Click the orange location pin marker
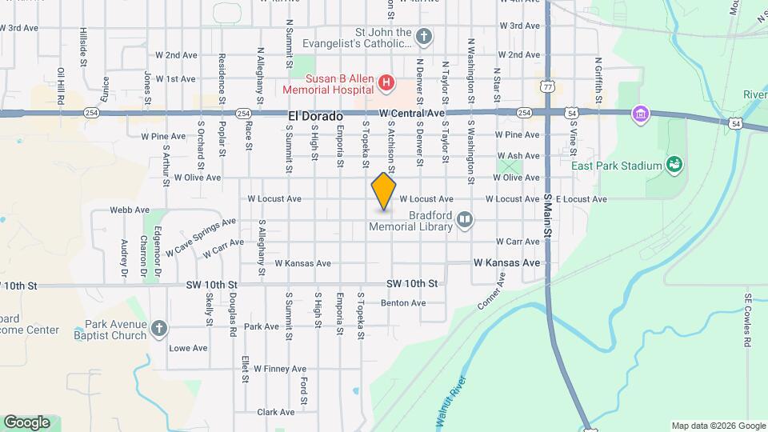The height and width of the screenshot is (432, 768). point(384,190)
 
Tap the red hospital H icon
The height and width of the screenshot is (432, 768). point(386,81)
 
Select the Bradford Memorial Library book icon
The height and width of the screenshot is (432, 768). point(465,219)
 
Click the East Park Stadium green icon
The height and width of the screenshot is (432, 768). point(674,166)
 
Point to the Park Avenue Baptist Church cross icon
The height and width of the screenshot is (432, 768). point(159,328)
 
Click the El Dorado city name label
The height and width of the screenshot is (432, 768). point(315,116)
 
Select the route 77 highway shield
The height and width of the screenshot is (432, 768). point(547,85)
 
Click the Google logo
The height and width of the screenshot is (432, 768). point(26,422)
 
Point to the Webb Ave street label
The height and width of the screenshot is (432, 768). point(130,210)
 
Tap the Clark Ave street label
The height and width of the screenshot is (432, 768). point(276,412)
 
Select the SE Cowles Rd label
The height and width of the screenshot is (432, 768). point(748,319)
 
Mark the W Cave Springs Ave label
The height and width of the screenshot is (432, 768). point(201,238)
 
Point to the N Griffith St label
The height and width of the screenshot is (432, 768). point(597,74)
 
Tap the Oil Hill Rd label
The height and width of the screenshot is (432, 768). point(60,86)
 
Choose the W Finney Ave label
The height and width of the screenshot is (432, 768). point(280,369)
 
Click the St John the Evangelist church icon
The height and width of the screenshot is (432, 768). point(424,36)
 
